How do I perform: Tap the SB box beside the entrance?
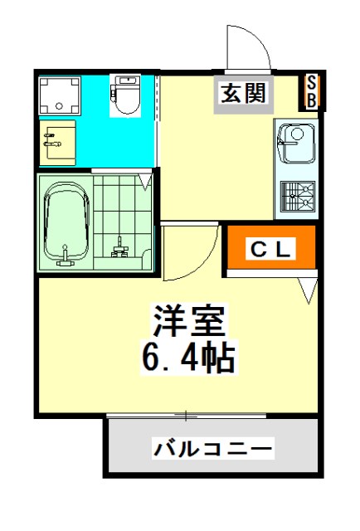311,91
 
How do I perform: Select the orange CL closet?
270,249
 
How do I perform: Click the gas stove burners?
297,197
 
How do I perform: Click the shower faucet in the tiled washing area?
119,246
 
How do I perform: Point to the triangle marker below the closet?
308,290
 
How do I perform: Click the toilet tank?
127,81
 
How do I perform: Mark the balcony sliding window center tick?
187,415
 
